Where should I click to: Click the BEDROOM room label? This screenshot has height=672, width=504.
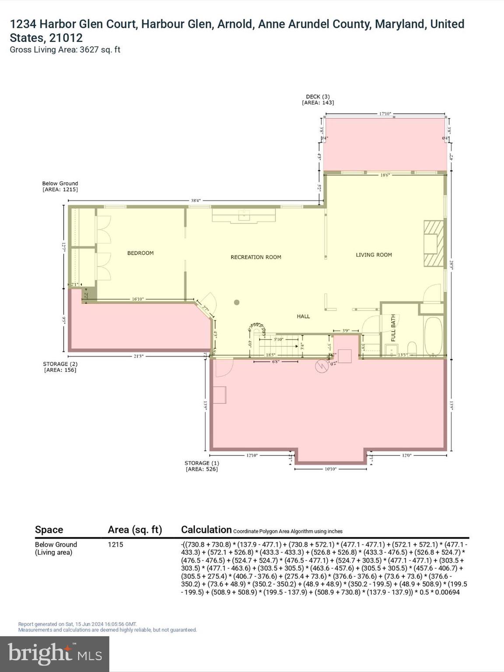(x=140, y=253)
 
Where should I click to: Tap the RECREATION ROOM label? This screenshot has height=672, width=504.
(x=256, y=257)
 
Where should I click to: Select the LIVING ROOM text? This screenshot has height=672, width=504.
(x=374, y=255)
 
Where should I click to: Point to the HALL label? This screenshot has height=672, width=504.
(x=303, y=316)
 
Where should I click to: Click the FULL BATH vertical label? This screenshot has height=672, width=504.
(x=393, y=328)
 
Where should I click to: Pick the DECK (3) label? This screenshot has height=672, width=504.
(x=318, y=97)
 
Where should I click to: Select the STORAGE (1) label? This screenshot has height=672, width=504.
(x=202, y=463)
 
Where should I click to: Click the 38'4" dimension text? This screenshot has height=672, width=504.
(x=196, y=201)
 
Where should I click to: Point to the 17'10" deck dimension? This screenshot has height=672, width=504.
(x=385, y=114)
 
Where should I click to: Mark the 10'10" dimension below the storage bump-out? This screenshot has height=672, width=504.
(x=330, y=469)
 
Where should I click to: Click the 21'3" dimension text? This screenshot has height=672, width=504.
(x=138, y=356)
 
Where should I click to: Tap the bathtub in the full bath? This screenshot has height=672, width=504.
(x=433, y=336)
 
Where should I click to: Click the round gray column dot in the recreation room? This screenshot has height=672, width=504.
(x=237, y=302)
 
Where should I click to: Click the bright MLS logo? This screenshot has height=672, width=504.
(x=55, y=654)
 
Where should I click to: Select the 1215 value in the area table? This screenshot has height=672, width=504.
(x=115, y=545)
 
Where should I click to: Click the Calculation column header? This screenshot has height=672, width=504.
(x=206, y=530)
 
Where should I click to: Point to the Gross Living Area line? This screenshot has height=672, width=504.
(x=65, y=50)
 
